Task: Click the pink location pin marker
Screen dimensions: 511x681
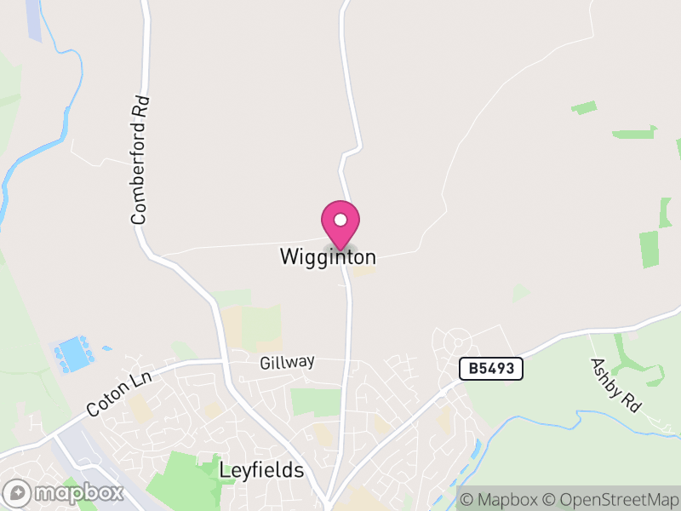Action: pyautogui.click(x=340, y=224)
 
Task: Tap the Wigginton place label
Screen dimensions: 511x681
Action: pyautogui.click(x=328, y=256)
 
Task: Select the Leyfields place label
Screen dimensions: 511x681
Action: pyautogui.click(x=261, y=470)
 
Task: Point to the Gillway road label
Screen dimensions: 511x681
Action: pyautogui.click(x=287, y=362)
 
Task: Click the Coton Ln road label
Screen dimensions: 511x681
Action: pyautogui.click(x=118, y=393)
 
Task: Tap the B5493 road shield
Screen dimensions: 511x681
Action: pyautogui.click(x=490, y=369)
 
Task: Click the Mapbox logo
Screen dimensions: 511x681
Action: pyautogui.click(x=65, y=493)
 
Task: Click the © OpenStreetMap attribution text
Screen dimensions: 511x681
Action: pyautogui.click(x=611, y=500)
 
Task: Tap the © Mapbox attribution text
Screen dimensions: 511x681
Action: pyautogui.click(x=501, y=500)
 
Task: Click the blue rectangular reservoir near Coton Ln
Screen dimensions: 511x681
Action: pyautogui.click(x=74, y=353)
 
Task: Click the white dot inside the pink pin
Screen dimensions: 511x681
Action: pyautogui.click(x=340, y=220)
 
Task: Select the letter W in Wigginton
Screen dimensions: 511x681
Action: pyautogui.click(x=288, y=256)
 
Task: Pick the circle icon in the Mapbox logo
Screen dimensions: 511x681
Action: pyautogui.click(x=17, y=493)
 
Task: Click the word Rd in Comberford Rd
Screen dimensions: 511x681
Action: pyautogui.click(x=144, y=106)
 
